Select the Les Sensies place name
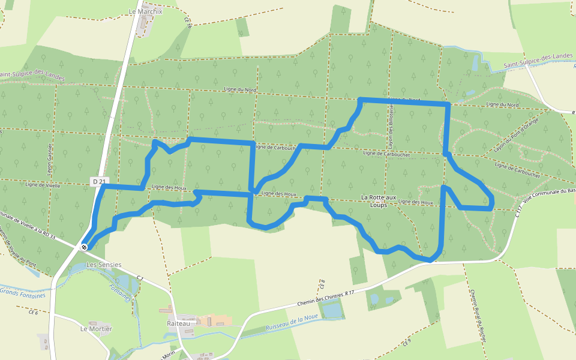tap(104, 265)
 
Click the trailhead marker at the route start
tap(84, 247)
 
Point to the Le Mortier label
tap(96, 329)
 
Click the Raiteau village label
tap(178, 323)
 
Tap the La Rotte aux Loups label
tap(379, 200)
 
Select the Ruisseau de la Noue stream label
tap(291, 325)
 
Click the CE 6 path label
tap(33, 313)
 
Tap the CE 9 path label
tap(407, 343)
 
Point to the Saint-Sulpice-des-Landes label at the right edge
tap(538, 56)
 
